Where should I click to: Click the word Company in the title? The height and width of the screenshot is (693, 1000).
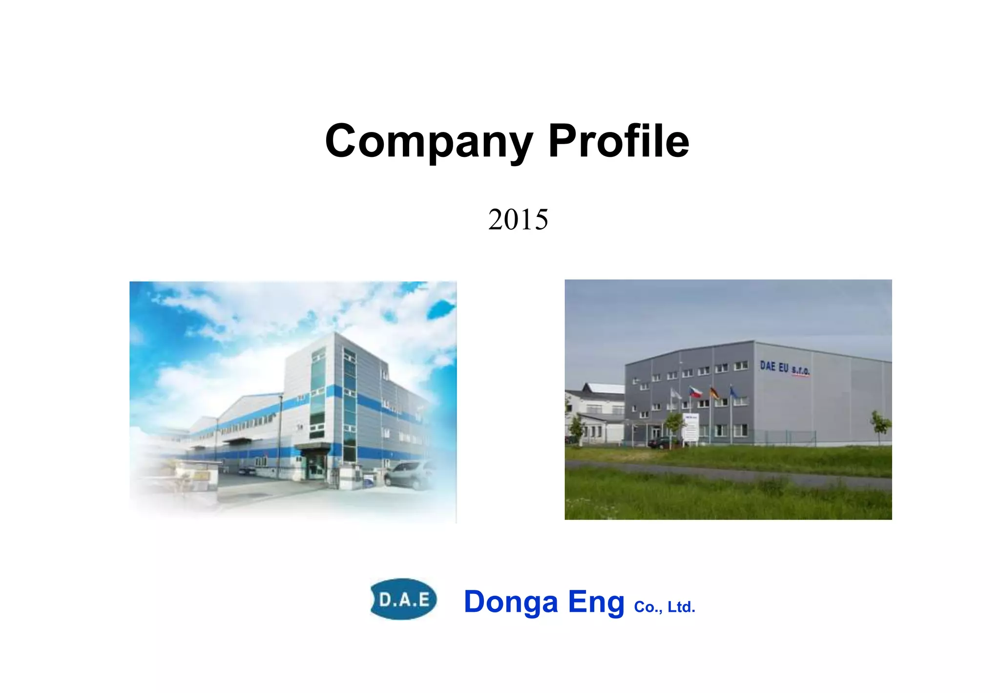pos(429,142)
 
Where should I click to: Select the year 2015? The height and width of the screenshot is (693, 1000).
pos(518,219)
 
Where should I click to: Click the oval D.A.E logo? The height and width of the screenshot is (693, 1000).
pos(404,599)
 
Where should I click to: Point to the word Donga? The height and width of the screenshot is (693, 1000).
pos(511,602)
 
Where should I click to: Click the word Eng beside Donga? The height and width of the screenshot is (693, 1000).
pos(596,602)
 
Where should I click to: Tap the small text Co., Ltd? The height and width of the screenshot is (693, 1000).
pos(664,607)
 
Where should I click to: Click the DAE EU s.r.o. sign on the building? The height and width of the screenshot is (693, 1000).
pos(785,368)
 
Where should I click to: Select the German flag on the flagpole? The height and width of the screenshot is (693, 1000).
pos(714,392)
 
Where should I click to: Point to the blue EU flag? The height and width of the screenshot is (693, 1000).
pos(733,392)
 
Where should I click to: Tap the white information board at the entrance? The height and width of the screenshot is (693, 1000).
pos(691,428)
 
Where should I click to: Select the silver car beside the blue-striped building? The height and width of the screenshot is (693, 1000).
pos(409,474)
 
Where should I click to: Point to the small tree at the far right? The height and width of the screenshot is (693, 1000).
pos(880,424)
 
